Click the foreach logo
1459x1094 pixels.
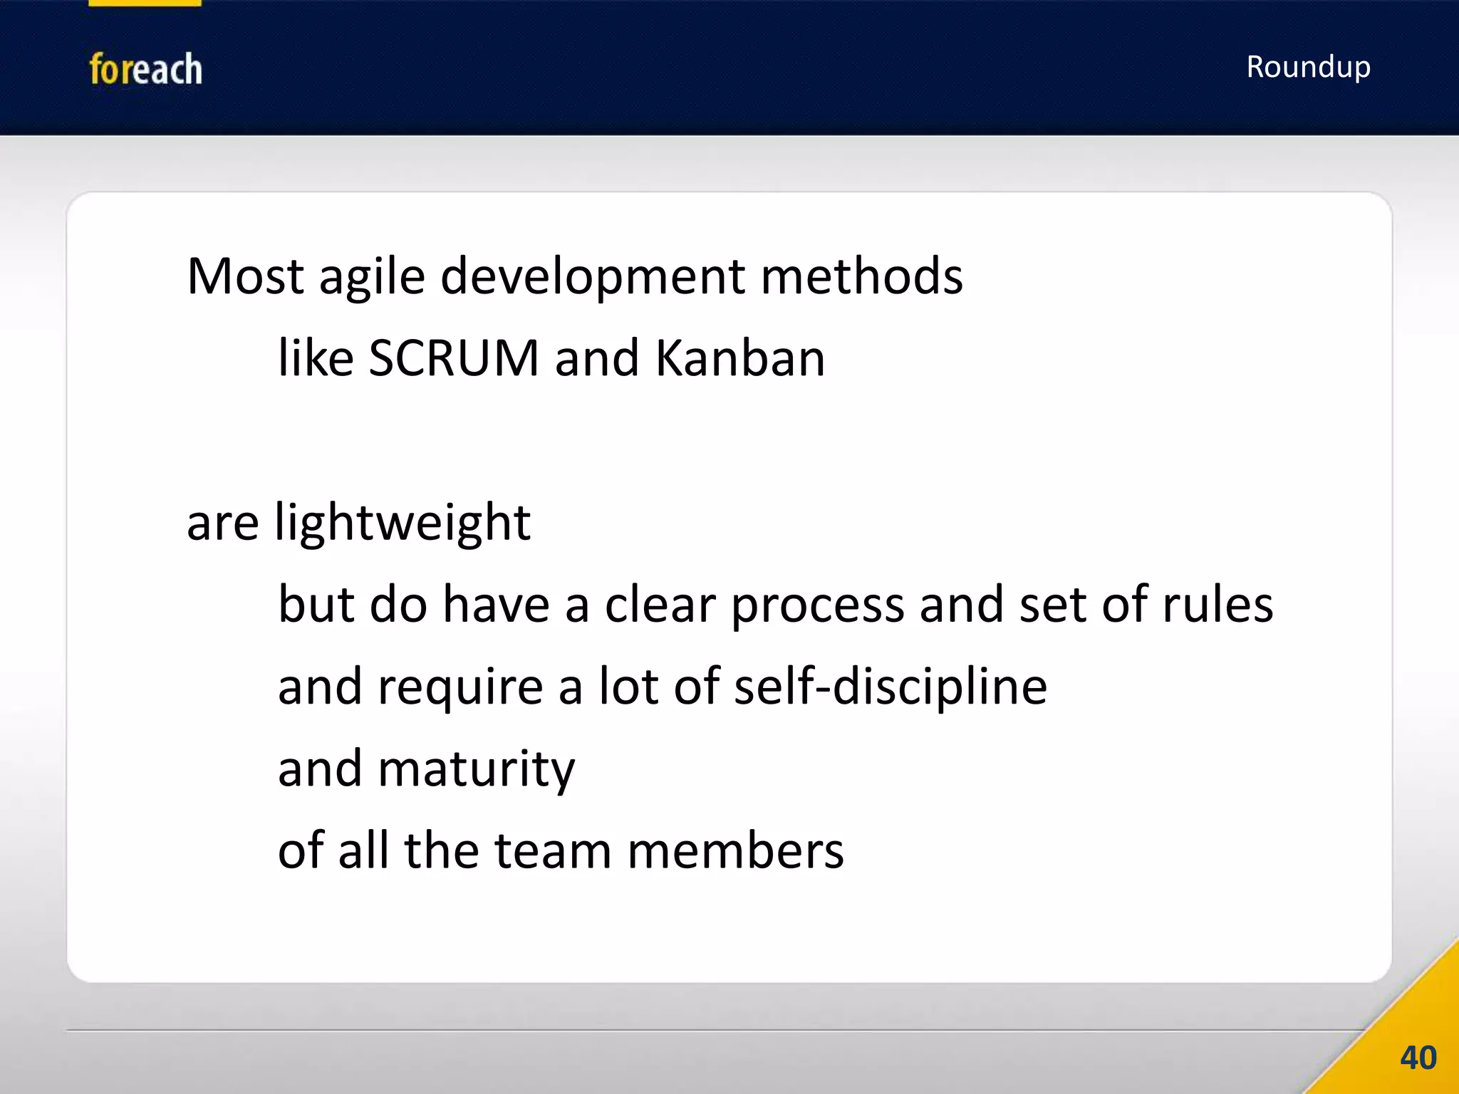[x=145, y=69]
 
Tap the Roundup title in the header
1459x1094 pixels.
[x=1308, y=67]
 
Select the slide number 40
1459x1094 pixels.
[x=1418, y=1058]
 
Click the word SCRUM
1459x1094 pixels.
[x=454, y=358]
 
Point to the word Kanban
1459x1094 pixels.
[x=739, y=358]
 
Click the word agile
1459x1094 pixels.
[x=372, y=276]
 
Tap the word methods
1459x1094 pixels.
[x=861, y=276]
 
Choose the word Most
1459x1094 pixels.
[x=245, y=276]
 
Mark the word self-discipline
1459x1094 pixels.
[x=891, y=687]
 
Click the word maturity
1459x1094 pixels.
[x=476, y=770]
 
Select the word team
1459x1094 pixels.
[x=553, y=851]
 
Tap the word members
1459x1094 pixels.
[x=735, y=851]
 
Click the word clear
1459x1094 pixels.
[x=660, y=605]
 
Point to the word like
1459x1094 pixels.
[x=316, y=358]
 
